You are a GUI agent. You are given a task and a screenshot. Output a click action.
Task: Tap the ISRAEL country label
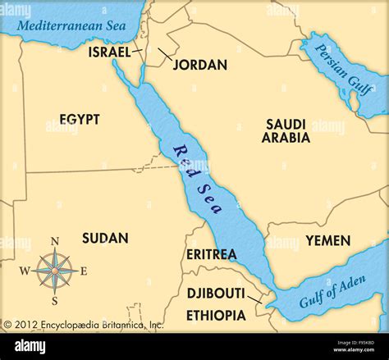tap(109, 52)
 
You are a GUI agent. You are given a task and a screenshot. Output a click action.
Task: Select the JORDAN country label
tap(200, 65)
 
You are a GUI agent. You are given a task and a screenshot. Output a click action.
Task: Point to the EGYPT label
tap(80, 120)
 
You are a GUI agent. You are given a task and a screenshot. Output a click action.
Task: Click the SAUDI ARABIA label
tap(286, 131)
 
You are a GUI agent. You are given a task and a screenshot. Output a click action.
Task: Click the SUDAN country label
tap(105, 238)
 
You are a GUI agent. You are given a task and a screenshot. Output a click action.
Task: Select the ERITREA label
tap(211, 254)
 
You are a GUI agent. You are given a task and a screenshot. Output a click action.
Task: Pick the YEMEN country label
tap(328, 240)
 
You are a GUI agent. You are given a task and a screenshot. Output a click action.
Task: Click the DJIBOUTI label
tap(216, 294)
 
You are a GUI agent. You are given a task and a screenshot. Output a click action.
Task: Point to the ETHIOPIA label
tap(216, 315)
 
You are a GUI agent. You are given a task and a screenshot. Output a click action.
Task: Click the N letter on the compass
tap(55, 241)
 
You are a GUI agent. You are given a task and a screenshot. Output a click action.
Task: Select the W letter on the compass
tap(25, 271)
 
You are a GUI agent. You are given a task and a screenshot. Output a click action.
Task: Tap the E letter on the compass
tap(84, 271)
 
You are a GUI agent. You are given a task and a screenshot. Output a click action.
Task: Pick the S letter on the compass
tap(55, 301)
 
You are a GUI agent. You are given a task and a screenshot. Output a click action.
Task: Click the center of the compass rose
tap(55, 271)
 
